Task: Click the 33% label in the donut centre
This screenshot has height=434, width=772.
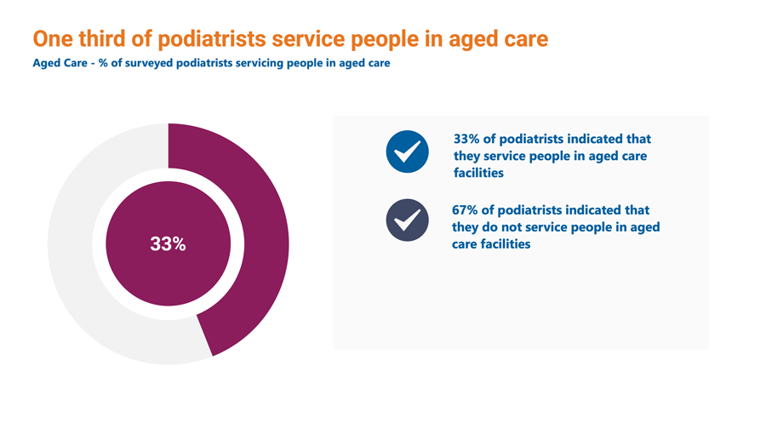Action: coord(168,244)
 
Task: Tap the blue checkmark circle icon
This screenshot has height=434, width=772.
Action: coord(407,151)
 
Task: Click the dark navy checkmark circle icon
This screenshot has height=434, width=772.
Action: coord(407,220)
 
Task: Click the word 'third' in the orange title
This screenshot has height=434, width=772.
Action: coord(102,39)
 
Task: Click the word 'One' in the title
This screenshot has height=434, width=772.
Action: coord(53,39)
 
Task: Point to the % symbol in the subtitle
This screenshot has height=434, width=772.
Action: coord(103,63)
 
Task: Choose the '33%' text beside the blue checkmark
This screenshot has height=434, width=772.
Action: coord(466,139)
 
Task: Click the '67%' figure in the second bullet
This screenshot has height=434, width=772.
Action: coord(465,210)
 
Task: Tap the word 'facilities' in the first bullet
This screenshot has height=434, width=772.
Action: coord(478,173)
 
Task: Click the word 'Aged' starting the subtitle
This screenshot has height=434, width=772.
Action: coord(46,64)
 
